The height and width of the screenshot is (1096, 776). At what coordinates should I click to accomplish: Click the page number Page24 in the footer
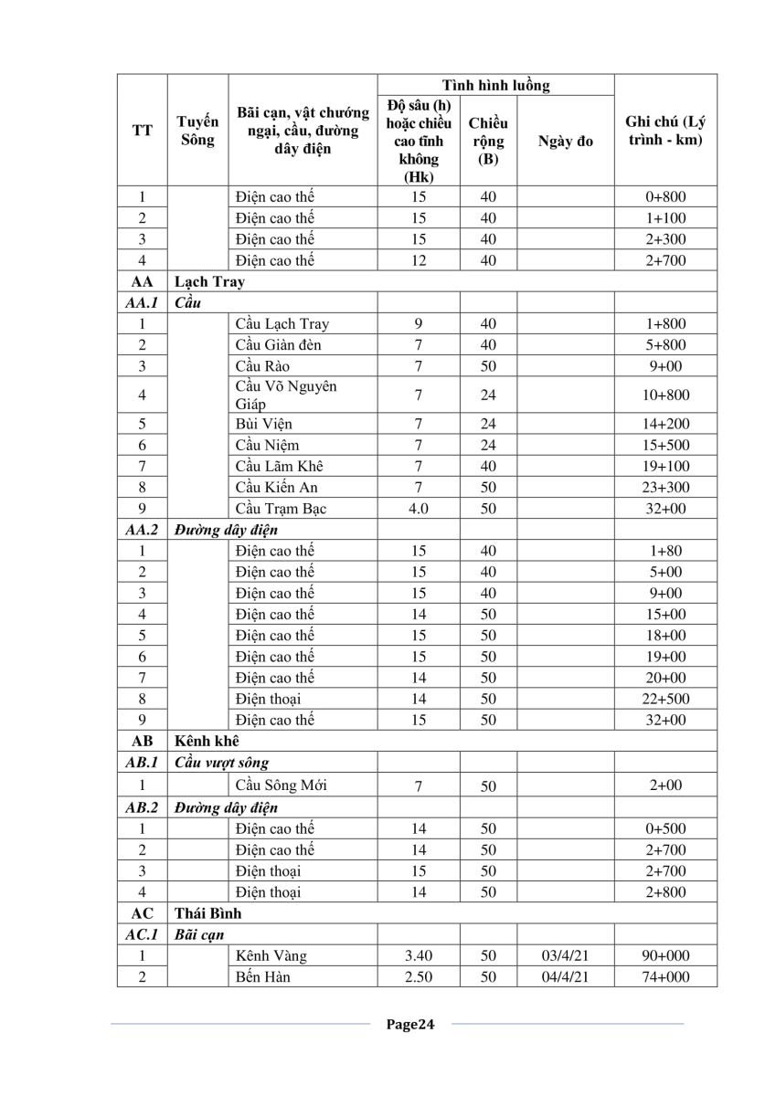(410, 1024)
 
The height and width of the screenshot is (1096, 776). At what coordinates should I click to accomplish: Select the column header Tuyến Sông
(197, 131)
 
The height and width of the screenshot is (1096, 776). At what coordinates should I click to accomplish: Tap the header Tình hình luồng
(495, 85)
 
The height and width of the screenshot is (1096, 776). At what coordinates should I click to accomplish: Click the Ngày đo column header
(565, 141)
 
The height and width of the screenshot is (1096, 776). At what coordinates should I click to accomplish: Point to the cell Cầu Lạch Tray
(282, 323)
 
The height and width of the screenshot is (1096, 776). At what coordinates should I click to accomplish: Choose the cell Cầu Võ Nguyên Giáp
(285, 395)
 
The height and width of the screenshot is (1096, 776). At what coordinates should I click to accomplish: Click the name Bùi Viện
(263, 424)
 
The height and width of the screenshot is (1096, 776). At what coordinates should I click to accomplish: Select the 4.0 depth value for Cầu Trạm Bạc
(418, 508)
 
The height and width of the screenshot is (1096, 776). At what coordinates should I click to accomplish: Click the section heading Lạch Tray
(209, 281)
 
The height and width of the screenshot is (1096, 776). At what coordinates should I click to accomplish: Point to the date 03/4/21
(565, 955)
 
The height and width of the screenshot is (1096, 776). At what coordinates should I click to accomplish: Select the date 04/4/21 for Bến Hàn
(565, 976)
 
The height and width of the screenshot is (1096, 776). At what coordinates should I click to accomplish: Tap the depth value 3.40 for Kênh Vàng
(418, 955)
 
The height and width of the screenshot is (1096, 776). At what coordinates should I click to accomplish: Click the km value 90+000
(664, 955)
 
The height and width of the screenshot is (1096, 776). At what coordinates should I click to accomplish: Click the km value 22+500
(664, 699)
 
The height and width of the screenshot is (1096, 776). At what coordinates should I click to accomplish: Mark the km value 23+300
(664, 487)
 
